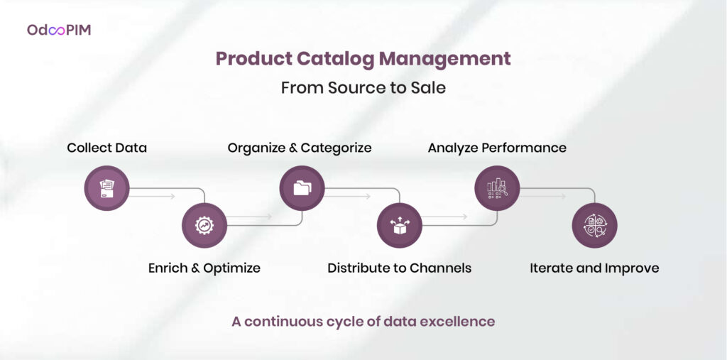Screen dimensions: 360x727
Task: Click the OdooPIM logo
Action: (x=59, y=30)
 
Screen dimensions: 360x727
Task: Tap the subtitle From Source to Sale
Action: (x=363, y=88)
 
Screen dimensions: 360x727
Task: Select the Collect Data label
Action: (x=107, y=148)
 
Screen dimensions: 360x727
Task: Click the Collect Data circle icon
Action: (x=106, y=188)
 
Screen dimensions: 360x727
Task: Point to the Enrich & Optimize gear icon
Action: (x=204, y=226)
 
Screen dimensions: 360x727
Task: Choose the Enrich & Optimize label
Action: (x=204, y=268)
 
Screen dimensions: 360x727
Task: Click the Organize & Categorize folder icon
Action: (x=302, y=188)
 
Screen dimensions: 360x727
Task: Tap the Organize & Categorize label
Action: (x=300, y=148)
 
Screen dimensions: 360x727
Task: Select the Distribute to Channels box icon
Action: (x=400, y=226)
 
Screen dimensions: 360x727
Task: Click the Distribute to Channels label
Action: (x=400, y=268)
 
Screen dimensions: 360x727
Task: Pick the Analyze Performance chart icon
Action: (x=497, y=188)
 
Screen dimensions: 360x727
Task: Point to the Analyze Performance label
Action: (x=497, y=148)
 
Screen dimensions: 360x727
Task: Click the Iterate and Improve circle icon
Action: (x=595, y=226)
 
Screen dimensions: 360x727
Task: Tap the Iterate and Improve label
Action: (x=594, y=268)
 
